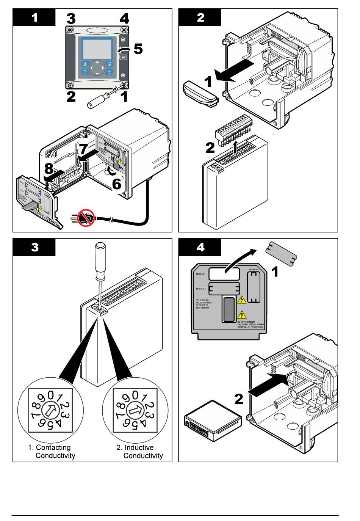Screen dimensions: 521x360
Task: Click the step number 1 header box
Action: (34, 17)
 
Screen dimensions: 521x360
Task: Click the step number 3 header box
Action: (34, 247)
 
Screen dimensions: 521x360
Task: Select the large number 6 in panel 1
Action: (116, 184)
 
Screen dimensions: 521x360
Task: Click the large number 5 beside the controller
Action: (137, 49)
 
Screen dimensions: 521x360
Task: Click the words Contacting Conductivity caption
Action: (52, 452)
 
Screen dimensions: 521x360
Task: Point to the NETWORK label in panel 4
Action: (254, 269)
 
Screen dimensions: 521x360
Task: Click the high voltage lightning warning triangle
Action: (241, 300)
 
